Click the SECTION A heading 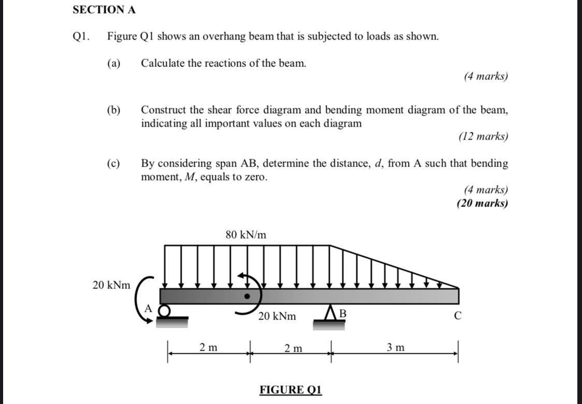104,9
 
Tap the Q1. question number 81,37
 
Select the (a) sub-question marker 113,63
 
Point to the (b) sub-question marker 113,110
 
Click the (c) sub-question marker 113,164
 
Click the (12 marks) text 483,137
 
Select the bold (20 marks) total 482,203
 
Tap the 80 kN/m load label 246,234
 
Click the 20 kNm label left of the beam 111,285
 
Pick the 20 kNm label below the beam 278,316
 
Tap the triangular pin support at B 329,314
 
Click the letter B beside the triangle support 342,314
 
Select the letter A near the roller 147,308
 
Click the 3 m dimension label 396,347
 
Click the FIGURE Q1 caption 290,389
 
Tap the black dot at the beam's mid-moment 248,296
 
